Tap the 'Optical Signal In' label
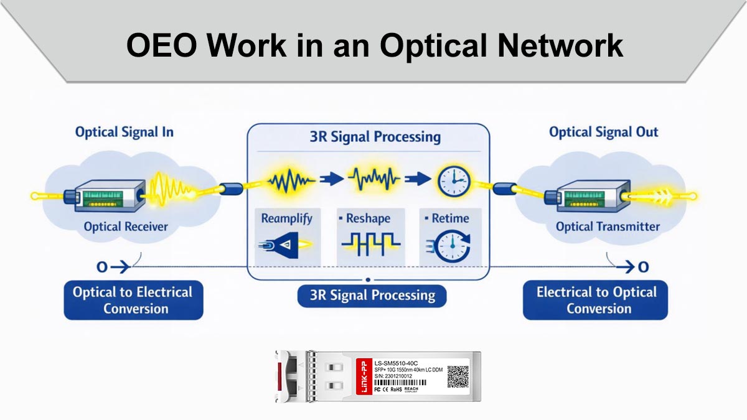[x=124, y=132]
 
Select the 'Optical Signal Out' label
[x=603, y=132]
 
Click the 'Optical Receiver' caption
[x=126, y=226]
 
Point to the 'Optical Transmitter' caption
[x=608, y=226]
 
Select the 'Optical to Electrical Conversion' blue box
[x=133, y=300]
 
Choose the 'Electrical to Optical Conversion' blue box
[x=596, y=300]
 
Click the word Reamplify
[x=286, y=218]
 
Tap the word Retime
[x=449, y=218]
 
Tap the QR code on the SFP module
[x=459, y=376]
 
